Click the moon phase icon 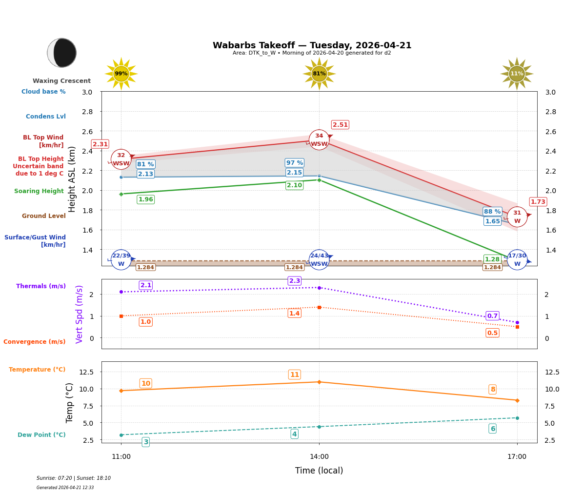62,53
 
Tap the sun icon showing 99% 121,74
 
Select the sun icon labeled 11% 517,74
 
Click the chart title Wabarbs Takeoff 312,45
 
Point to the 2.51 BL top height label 340,125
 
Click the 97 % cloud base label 294,163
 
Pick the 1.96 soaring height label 145,199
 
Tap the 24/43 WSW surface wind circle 319,259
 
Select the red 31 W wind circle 517,217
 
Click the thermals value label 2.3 295,281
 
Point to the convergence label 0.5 492,333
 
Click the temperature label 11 295,375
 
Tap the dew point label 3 145,442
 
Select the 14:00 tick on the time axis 319,457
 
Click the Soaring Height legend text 39,191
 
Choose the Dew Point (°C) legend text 41,435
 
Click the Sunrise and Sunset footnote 74,478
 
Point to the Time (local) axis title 319,471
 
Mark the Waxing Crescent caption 61,81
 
